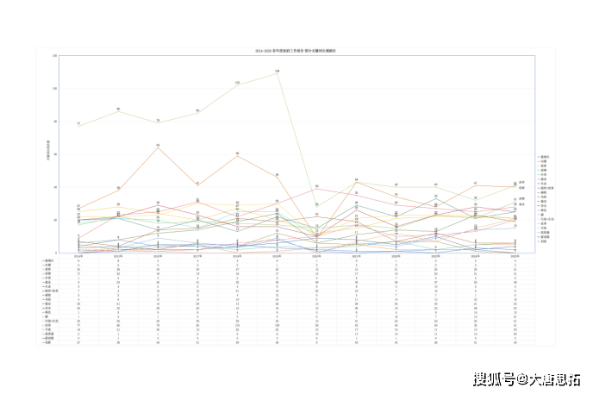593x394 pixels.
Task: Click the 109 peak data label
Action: click(277, 71)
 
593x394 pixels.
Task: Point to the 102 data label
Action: click(237, 82)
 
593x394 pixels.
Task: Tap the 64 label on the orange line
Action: click(158, 145)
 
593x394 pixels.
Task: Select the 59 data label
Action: click(237, 153)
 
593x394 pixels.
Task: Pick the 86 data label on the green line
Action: click(118, 109)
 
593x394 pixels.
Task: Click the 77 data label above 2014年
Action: click(78, 123)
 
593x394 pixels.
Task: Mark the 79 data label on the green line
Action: click(158, 120)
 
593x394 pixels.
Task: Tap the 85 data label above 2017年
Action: click(197, 110)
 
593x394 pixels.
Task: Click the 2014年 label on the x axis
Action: click(78, 255)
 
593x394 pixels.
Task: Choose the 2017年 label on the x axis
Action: click(197, 255)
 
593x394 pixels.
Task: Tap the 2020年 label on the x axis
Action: click(316, 255)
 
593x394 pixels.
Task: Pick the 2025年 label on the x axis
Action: click(515, 255)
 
